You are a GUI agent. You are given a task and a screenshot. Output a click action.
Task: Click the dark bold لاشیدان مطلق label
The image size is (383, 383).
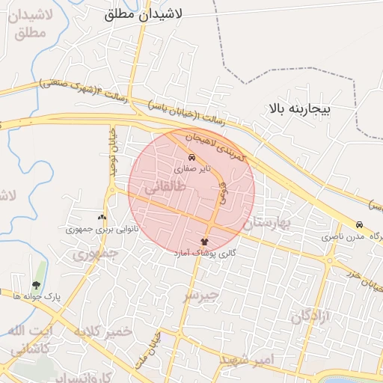pyautogui.click(x=155, y=13)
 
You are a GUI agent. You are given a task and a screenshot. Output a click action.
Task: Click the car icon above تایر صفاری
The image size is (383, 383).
pyautogui.click(x=192, y=158)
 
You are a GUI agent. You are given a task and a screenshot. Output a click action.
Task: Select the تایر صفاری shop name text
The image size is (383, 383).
pyautogui.click(x=192, y=169)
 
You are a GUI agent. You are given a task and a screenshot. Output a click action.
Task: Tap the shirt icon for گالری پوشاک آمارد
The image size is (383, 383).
pyautogui.click(x=205, y=242)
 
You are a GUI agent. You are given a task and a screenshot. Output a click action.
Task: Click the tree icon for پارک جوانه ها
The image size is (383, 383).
pyautogui.click(x=37, y=284)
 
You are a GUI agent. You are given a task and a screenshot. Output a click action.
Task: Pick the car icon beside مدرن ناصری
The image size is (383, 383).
pyautogui.click(x=360, y=225)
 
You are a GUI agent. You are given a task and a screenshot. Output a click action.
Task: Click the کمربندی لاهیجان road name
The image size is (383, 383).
pyautogui.click(x=214, y=147)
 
